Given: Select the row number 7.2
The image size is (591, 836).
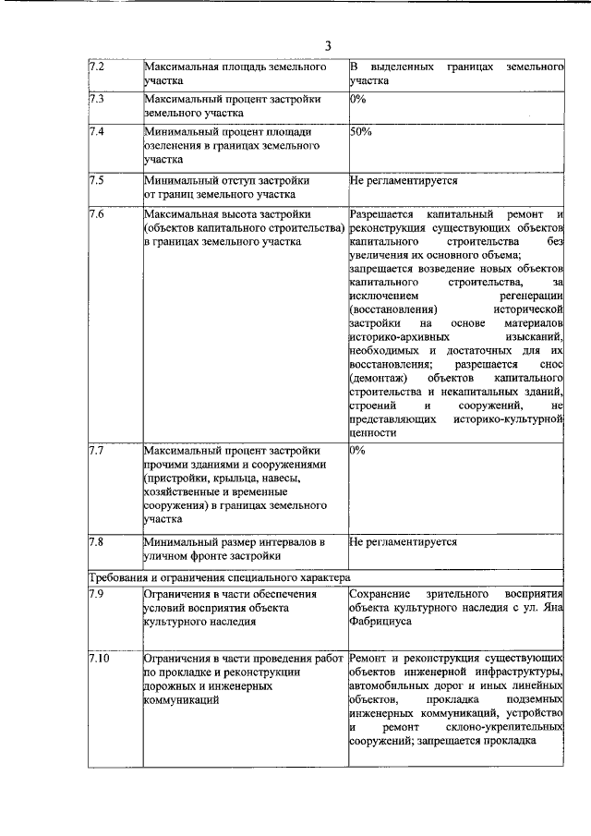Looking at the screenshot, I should pyautogui.click(x=96, y=68).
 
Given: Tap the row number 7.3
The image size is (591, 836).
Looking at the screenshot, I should pyautogui.click(x=96, y=98).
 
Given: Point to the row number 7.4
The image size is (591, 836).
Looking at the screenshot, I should pyautogui.click(x=96, y=132).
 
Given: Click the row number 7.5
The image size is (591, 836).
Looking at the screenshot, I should pyautogui.click(x=96, y=180).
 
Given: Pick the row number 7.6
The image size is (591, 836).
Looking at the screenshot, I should pyautogui.click(x=96, y=214).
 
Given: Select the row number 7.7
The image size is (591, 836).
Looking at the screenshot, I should pyautogui.click(x=96, y=450).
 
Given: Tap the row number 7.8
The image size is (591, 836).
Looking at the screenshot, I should pyautogui.click(x=96, y=542).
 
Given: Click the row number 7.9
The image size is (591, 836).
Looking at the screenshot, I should pyautogui.click(x=96, y=594).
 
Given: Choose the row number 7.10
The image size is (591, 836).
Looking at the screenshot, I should pyautogui.click(x=99, y=658).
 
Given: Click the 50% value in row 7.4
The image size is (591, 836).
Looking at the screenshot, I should pyautogui.click(x=361, y=132).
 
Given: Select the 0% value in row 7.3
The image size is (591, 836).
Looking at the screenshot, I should pyautogui.click(x=358, y=98).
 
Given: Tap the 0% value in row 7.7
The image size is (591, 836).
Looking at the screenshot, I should pyautogui.click(x=358, y=450).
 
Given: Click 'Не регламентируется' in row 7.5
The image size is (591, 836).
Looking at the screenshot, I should pyautogui.click(x=404, y=180).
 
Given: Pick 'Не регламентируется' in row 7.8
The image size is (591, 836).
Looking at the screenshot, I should pyautogui.click(x=404, y=542).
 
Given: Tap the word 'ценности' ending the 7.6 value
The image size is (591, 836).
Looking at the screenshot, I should pyautogui.click(x=374, y=432).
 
